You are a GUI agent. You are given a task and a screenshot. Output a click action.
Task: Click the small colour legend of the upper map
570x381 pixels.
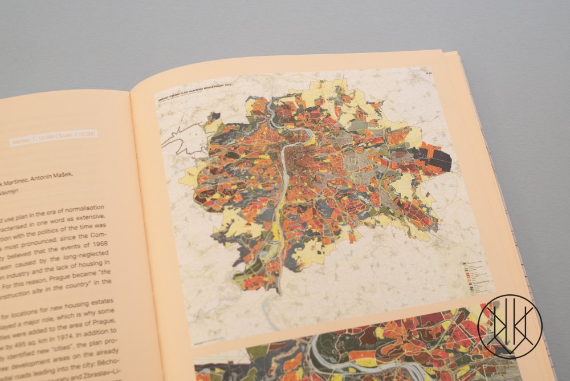click(477, 273)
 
